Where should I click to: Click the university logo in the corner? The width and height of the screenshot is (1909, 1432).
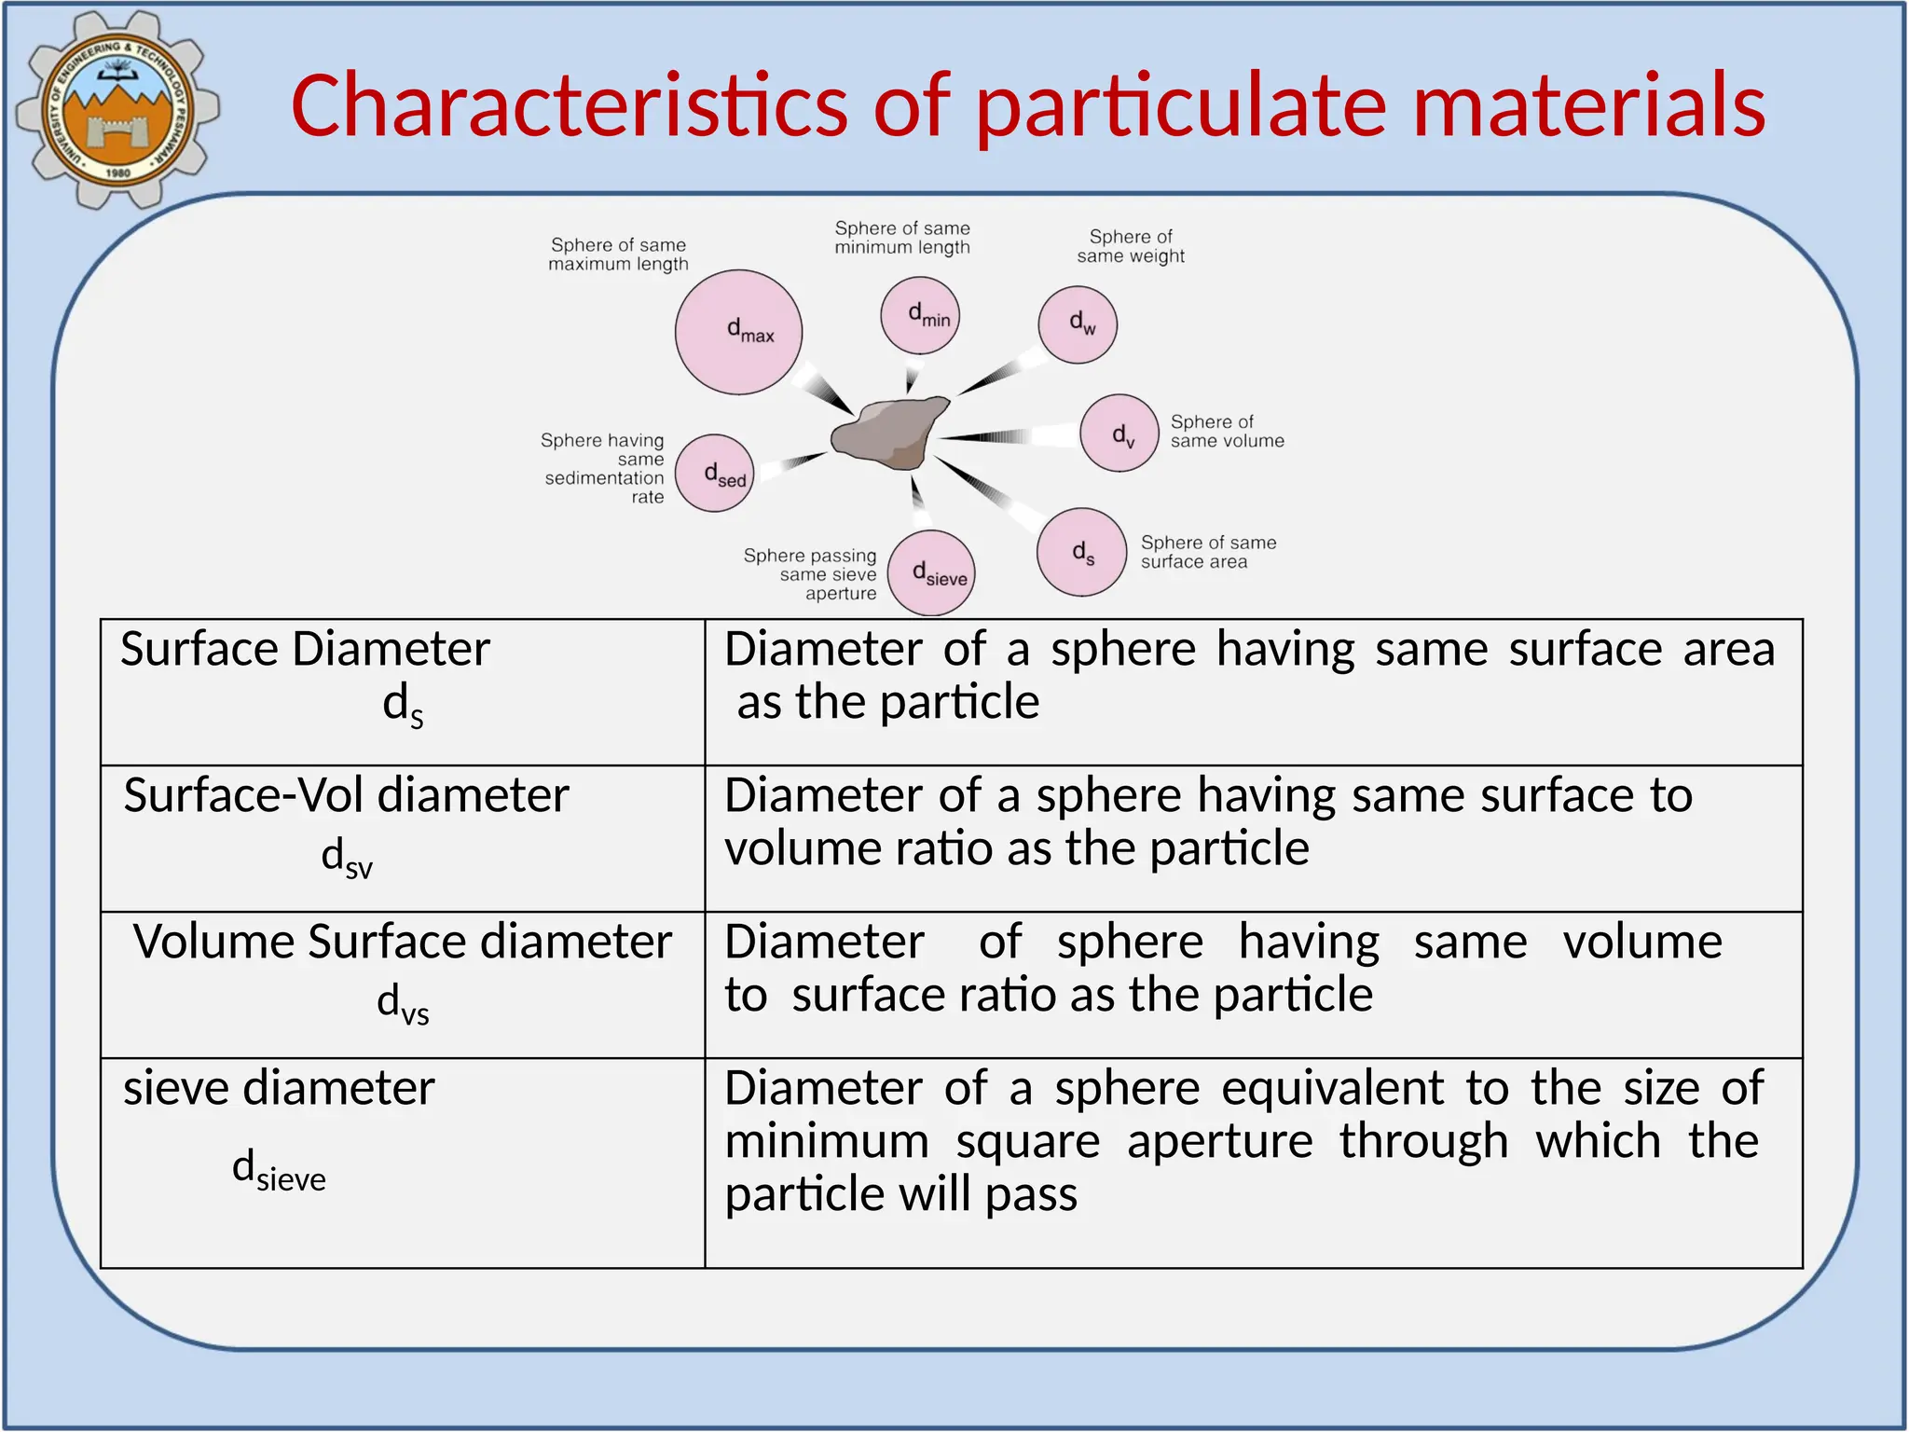coord(117,109)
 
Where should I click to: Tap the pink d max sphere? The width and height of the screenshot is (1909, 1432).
coord(738,332)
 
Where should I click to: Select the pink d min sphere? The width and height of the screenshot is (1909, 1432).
coord(920,315)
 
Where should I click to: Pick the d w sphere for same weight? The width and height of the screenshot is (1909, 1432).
coord(1078,324)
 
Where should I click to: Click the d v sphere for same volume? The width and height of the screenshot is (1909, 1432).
coord(1119,433)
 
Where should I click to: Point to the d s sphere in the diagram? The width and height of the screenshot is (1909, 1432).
coord(1081,552)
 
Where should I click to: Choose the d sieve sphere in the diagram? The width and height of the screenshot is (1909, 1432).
coord(931,572)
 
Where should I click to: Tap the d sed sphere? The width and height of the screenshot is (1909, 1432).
coord(715,474)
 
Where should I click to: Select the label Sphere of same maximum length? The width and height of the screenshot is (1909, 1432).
coord(618,255)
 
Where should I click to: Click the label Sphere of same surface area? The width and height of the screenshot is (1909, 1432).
coord(1208,552)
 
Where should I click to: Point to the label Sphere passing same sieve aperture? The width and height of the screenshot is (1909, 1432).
coord(811,574)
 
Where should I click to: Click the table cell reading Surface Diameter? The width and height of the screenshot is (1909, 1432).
coord(305,649)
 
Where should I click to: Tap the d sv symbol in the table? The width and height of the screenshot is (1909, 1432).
coord(347,858)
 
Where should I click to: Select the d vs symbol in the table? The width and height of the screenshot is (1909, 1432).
coord(403,1004)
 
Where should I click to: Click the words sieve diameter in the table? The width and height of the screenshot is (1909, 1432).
coord(279,1088)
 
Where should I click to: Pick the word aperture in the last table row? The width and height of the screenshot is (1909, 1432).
coord(1219,1141)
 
